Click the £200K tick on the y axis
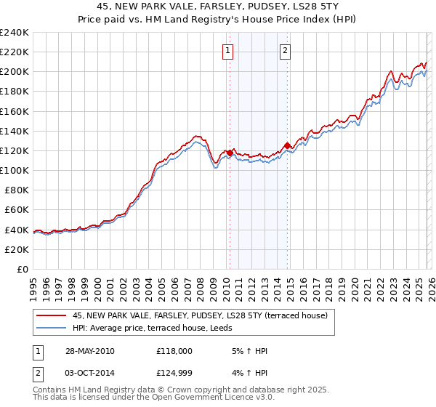15,72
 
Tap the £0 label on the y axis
23,269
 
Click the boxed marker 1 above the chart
229,51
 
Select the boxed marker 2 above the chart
285,51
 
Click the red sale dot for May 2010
230,153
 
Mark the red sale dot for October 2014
287,145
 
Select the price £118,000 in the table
174,351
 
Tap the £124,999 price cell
174,373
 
